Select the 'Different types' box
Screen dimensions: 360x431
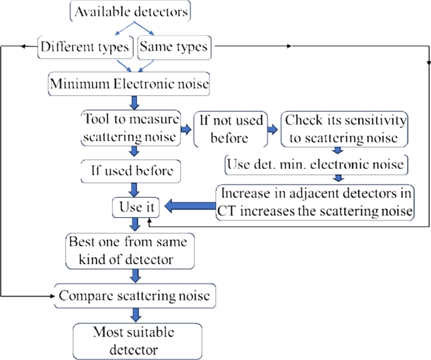click(x=85, y=47)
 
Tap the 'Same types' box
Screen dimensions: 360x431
click(x=175, y=47)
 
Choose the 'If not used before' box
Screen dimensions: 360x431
click(x=230, y=128)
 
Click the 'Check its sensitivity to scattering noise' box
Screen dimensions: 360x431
click(x=345, y=128)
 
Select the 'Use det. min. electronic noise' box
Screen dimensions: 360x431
click(x=317, y=165)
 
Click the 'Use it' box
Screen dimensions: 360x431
click(x=134, y=207)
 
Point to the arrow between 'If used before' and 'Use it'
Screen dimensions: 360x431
click(x=135, y=190)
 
